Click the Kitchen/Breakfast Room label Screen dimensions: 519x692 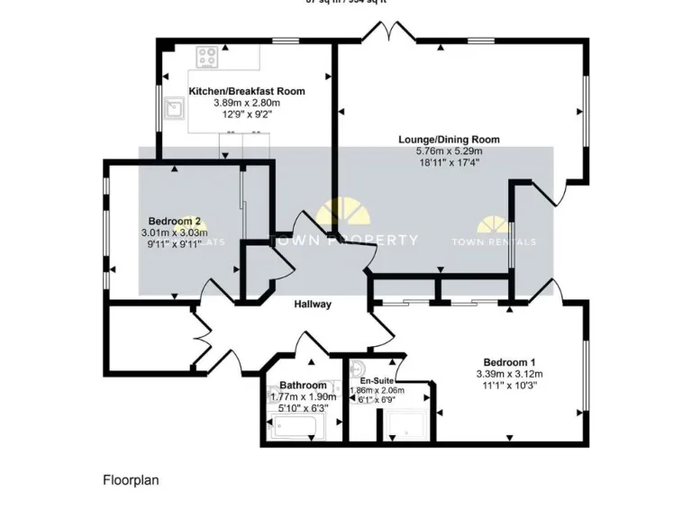(x=246, y=91)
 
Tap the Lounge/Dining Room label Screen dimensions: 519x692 (x=449, y=140)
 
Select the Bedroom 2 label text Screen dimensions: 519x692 (x=174, y=222)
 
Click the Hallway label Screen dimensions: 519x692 (x=313, y=305)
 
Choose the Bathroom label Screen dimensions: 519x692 (x=303, y=386)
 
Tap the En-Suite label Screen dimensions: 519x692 (x=376, y=381)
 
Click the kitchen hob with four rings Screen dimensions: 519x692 (x=208, y=58)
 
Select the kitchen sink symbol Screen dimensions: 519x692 (x=174, y=112)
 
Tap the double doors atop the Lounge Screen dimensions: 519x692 (x=387, y=33)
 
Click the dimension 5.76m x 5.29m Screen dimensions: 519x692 (x=449, y=151)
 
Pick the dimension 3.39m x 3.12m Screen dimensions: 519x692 (x=509, y=374)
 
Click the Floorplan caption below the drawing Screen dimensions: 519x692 (x=131, y=480)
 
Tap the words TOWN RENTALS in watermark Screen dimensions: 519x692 (x=493, y=241)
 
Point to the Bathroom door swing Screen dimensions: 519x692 (x=302, y=347)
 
